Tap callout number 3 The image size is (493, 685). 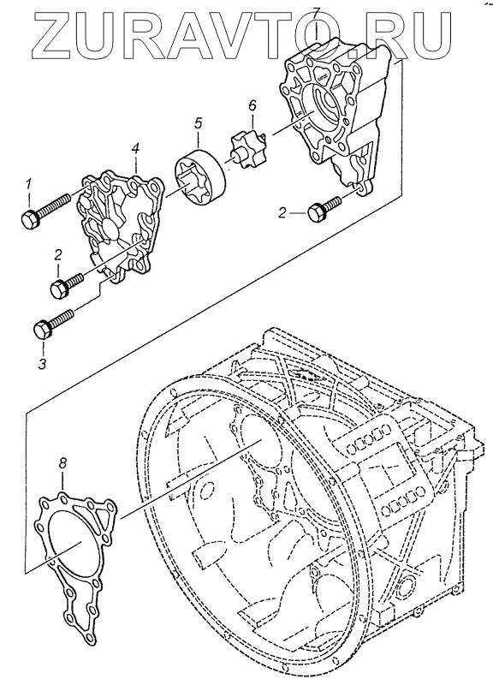[42, 363]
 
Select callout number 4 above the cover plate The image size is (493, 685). [136, 149]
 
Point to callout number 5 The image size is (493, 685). [199, 123]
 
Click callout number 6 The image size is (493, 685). [252, 105]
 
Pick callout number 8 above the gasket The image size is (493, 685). [62, 463]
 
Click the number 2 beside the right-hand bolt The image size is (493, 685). [282, 213]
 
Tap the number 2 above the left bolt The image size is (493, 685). [58, 254]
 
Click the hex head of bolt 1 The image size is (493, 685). [30, 218]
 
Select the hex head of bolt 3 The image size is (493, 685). [43, 329]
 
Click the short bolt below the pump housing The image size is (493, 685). [324, 208]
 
